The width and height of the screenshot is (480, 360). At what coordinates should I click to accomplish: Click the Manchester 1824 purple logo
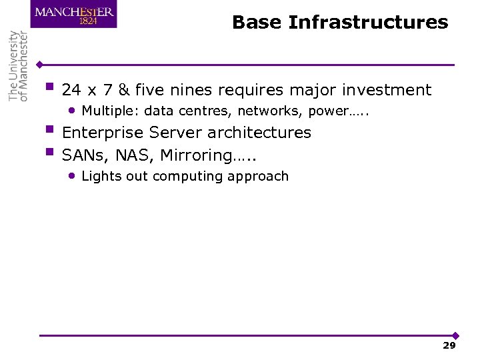click(73, 15)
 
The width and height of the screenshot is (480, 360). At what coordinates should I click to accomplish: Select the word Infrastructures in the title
click(369, 23)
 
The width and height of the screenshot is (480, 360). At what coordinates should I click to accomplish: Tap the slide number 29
click(449, 345)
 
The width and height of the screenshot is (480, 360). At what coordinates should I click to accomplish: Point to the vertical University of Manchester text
click(19, 66)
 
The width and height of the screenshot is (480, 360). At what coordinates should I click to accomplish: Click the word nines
click(194, 90)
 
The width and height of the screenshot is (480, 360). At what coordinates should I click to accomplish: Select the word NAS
click(134, 155)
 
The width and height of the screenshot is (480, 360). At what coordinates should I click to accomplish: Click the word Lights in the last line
click(98, 177)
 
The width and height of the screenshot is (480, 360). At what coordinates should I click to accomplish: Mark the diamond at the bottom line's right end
click(455, 335)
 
